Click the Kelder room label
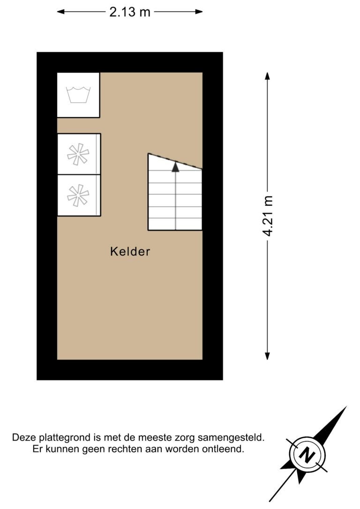tap(130, 252)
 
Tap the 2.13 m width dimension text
tap(130, 12)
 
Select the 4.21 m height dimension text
tap(268, 216)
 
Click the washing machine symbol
tap(78, 95)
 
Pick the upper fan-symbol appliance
tap(79, 154)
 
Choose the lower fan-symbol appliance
tap(79, 195)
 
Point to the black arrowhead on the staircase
tap(175, 167)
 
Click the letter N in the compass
tap(307, 455)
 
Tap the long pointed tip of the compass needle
tap(346, 407)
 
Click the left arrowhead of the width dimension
tap(61, 12)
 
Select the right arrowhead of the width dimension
tap(199, 12)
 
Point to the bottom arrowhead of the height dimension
tap(267, 356)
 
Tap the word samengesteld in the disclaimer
tap(231, 438)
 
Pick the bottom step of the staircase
tap(175, 224)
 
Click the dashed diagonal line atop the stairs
tap(175, 161)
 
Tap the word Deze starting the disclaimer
tap(24, 438)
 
